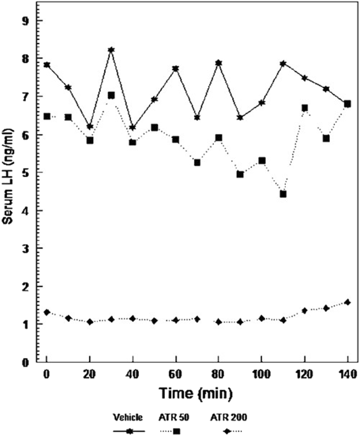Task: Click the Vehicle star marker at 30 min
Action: (x=111, y=50)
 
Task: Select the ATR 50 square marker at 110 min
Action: (x=283, y=194)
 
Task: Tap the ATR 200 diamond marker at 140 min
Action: (x=347, y=302)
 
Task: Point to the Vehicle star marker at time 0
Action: (x=47, y=65)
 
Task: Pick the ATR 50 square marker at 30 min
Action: (x=111, y=95)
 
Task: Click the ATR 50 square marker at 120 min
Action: (x=305, y=108)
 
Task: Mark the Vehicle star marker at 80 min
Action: (x=219, y=63)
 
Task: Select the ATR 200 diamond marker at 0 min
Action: (x=47, y=312)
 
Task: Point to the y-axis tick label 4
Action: (x=29, y=210)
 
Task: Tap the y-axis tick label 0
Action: (x=29, y=362)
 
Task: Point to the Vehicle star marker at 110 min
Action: (x=283, y=63)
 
